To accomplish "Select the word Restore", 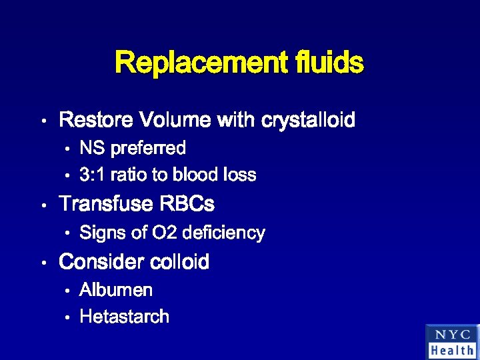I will coord(97,121).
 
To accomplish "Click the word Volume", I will coord(173,121).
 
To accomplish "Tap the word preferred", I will coord(148,148).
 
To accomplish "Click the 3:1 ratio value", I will coord(92,175).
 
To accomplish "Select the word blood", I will coord(194,175).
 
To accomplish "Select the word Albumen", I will coord(116,290).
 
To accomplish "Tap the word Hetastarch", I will coord(124,317).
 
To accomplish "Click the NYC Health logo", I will coord(452,341).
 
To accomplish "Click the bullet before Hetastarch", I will coord(68,318).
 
